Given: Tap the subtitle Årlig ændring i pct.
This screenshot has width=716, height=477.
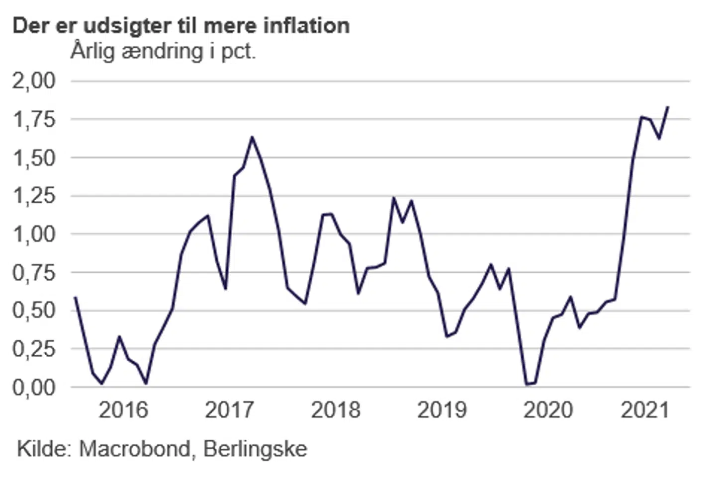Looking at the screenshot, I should click(163, 51).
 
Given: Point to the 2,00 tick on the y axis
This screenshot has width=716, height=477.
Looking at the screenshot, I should click(34, 80).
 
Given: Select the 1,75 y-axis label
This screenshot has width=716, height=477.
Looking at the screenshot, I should click(34, 119).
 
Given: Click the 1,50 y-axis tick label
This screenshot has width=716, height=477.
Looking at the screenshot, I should click(34, 158).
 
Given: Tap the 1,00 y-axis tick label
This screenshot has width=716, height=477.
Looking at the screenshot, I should click(34, 234).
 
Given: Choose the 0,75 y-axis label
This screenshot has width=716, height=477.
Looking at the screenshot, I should click(34, 272).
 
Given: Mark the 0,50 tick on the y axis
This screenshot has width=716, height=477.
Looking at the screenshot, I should click(34, 311).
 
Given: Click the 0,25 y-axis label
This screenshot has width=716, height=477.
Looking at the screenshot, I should click(34, 349).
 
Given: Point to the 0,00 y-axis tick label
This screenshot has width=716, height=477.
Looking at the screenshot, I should click(34, 387).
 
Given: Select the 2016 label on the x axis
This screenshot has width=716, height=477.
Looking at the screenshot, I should click(123, 410).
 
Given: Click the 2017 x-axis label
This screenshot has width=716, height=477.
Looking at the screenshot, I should click(229, 410).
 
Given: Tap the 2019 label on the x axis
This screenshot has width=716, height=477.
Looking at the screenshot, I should click(442, 410).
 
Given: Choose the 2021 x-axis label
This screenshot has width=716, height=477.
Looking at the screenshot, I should click(645, 410).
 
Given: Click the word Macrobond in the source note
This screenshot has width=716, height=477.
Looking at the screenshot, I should click(135, 449).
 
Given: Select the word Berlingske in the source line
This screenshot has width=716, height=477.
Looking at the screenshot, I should click(255, 449).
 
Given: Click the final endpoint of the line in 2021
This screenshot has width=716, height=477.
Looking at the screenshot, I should click(668, 106).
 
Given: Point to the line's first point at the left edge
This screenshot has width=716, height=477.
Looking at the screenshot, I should click(75, 297).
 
